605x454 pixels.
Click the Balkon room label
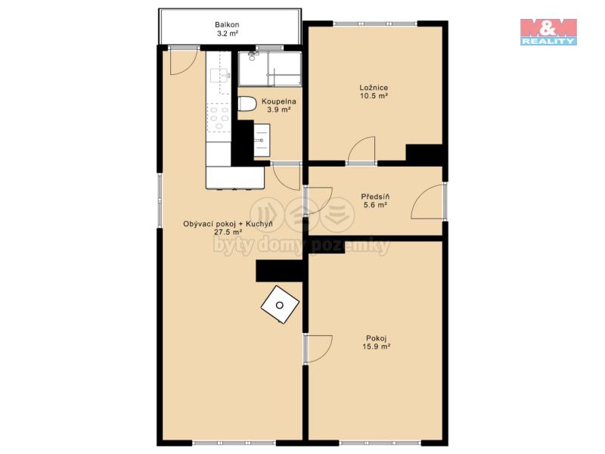[227, 25]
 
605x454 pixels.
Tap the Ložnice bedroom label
[374, 88]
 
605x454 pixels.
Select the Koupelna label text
[278, 101]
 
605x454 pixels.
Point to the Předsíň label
[375, 197]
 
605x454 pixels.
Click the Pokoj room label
[376, 338]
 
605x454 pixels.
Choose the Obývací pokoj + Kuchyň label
[228, 224]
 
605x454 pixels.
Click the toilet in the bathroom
[247, 104]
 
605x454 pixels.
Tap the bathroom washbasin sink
[262, 140]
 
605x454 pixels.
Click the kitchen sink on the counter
[219, 75]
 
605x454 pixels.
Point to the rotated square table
[280, 305]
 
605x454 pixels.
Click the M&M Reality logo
[548, 32]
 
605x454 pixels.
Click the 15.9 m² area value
[376, 347]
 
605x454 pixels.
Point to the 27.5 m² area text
[228, 232]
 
